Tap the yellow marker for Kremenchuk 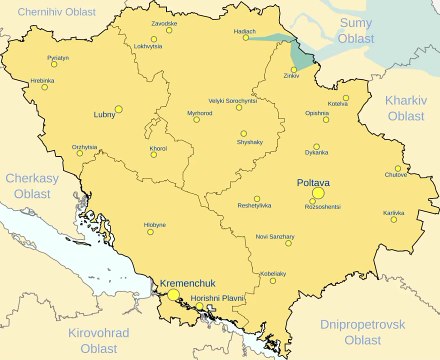click(x=173, y=295)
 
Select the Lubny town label click(x=104, y=115)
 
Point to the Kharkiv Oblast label click(x=405, y=108)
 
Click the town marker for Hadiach click(x=247, y=38)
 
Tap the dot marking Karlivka click(x=393, y=220)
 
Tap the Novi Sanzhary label click(x=275, y=236)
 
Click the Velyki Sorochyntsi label click(x=233, y=101)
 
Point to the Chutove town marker click(x=398, y=168)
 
